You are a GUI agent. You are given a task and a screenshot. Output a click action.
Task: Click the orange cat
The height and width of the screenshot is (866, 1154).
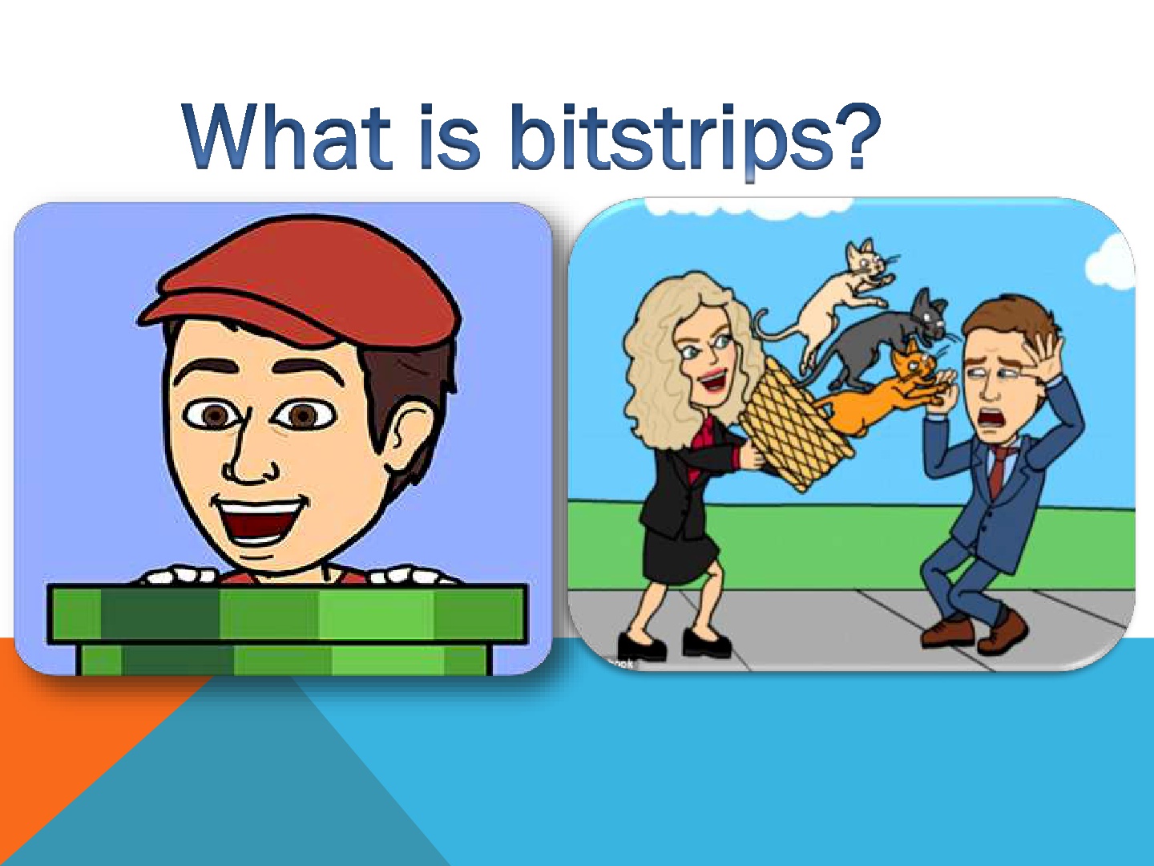882,393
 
